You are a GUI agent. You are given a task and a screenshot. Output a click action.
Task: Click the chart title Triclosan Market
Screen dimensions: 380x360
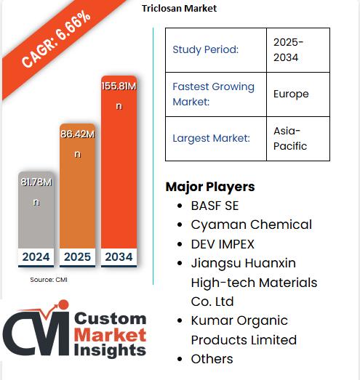179,9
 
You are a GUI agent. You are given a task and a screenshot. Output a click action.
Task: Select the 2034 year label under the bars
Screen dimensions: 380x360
119,257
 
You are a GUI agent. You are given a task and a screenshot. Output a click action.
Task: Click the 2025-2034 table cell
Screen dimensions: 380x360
298,49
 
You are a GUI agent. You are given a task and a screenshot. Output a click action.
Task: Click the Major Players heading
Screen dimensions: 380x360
210,187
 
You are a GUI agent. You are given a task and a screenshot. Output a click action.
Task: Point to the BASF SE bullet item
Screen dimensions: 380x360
215,206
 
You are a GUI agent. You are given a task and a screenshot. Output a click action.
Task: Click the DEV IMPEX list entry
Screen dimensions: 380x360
223,244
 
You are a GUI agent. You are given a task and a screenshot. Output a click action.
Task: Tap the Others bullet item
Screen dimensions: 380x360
212,359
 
